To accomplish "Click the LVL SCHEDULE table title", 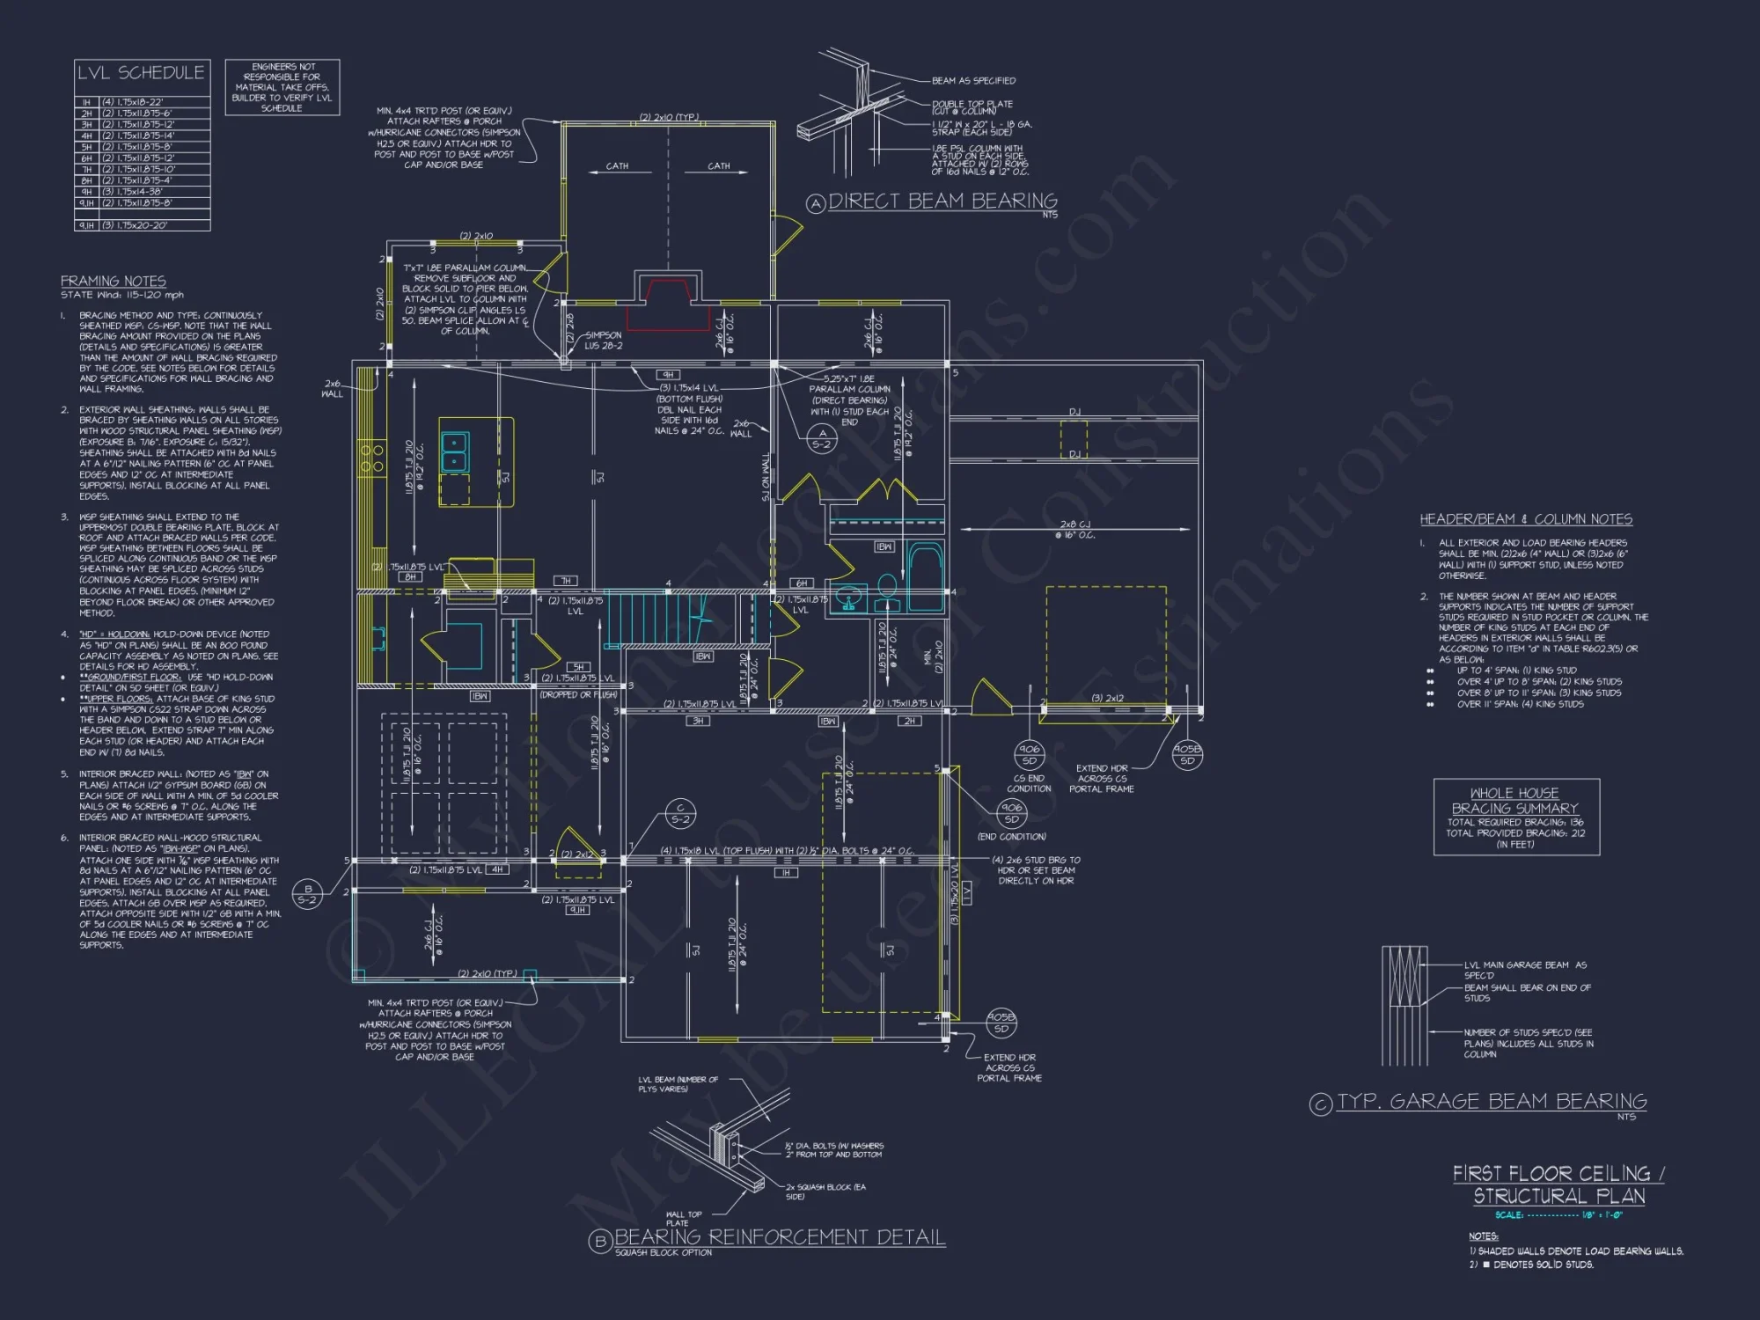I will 142,73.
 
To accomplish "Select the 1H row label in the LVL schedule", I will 86,102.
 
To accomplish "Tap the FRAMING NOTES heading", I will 113,281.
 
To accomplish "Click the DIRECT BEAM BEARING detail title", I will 942,202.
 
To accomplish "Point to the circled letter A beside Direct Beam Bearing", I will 816,204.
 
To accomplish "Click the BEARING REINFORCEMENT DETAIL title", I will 779,1237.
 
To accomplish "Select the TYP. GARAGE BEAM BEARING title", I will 1492,1102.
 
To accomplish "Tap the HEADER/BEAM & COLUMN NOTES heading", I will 1526,519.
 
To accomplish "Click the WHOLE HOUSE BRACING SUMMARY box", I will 1515,818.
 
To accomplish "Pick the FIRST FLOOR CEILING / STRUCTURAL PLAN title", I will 1558,1184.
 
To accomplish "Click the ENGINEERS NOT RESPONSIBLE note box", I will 282,87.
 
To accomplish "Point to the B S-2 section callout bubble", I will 307,894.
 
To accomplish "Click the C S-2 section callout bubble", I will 680,813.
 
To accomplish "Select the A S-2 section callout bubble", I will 822,438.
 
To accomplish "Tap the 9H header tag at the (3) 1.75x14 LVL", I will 668,375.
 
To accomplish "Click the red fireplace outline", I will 669,304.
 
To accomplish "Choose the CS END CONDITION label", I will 1029,783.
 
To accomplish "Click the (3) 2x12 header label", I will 1108,698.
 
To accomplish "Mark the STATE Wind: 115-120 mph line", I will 122,296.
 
